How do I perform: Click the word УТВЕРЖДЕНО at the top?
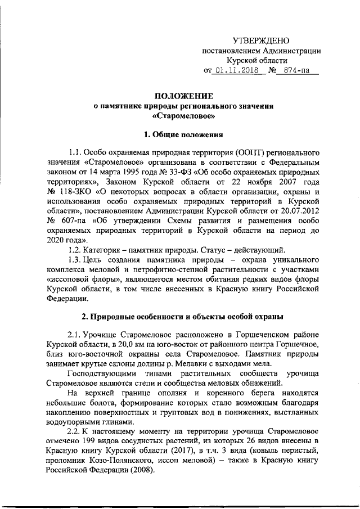coord(261,40)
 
